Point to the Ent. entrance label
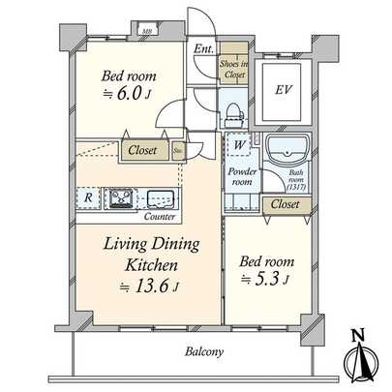[203, 49]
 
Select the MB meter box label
[147, 31]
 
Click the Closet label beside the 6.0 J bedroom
[141, 150]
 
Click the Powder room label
[241, 176]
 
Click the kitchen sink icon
[160, 198]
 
